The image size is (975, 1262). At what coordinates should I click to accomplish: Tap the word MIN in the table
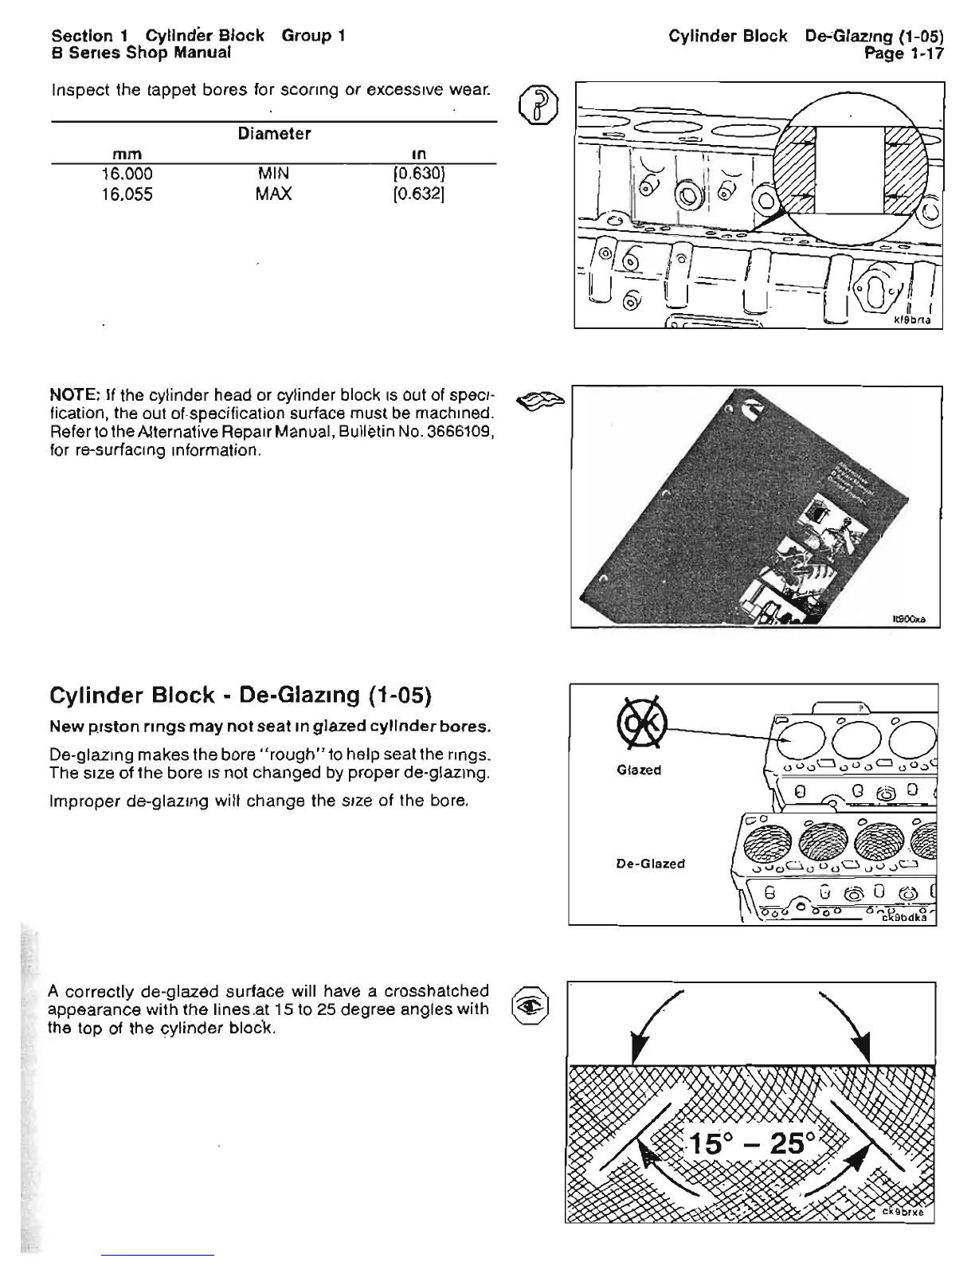point(273,174)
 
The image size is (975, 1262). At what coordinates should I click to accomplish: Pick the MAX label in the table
point(274,194)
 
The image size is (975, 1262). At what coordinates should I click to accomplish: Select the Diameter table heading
point(274,133)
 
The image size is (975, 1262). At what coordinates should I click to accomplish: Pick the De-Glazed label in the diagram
point(650,864)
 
